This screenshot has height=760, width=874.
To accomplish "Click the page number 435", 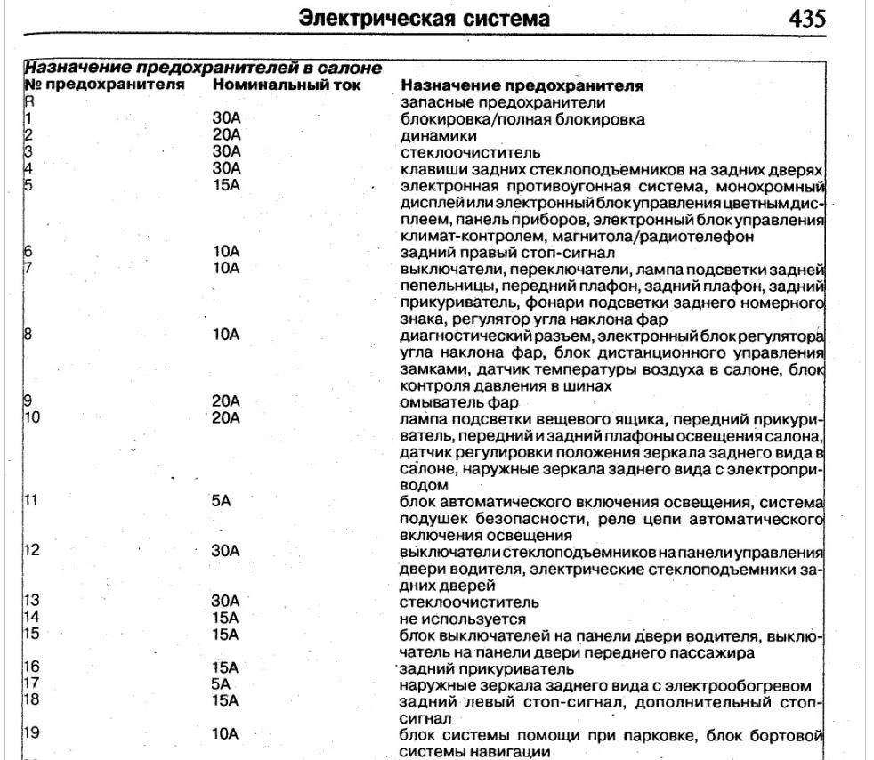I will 806,19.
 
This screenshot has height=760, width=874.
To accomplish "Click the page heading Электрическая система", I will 423,19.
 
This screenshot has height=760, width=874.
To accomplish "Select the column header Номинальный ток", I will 287,85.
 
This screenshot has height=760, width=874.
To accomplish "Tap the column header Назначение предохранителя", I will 522,86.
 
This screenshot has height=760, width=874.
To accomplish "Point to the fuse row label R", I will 28,102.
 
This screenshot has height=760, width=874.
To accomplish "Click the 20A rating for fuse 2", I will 226,135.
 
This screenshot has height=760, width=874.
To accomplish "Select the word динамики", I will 439,136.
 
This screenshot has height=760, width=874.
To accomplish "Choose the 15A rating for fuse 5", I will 226,186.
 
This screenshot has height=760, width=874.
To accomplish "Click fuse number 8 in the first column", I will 28,336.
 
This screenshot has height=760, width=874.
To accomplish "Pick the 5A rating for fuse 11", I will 222,501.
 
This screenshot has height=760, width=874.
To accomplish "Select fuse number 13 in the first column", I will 31,602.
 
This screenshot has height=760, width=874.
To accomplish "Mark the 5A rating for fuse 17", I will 222,684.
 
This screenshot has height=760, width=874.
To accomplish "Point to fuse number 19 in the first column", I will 31,734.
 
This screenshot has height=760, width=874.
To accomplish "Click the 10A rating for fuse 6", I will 226,252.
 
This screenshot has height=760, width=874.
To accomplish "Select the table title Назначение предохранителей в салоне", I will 202,68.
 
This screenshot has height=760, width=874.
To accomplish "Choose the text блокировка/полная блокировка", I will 522,119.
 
